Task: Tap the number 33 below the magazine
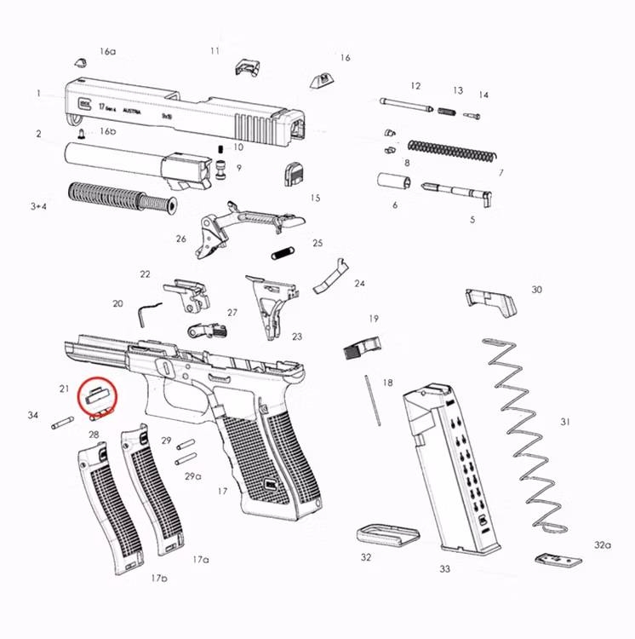click(444, 569)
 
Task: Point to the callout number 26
click(180, 239)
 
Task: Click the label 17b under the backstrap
click(159, 578)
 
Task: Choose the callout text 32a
click(602, 544)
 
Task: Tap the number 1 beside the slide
click(38, 93)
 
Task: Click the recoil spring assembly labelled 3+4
click(119, 197)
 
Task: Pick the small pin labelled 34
click(62, 420)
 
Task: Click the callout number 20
click(117, 303)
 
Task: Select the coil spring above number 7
click(450, 153)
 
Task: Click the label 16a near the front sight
click(106, 52)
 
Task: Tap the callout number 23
click(296, 337)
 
